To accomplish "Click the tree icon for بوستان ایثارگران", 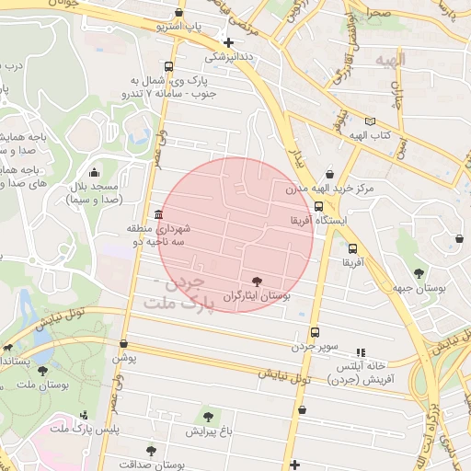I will (256, 281).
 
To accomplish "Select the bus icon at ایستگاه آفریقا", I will (318, 204).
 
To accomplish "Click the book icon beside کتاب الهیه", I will (370, 121).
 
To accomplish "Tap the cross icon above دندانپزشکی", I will (228, 42).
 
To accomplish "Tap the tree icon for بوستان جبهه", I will (419, 272).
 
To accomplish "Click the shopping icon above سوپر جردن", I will (315, 332).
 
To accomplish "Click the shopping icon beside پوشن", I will (118, 343).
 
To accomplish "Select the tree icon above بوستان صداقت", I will (151, 451).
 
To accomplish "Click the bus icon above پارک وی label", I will (167, 66).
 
